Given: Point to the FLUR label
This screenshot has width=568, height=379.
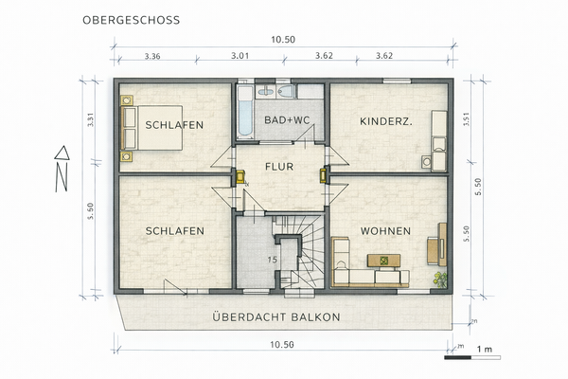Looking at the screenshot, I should tap(279, 167).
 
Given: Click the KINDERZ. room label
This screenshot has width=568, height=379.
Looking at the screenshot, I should tap(385, 121).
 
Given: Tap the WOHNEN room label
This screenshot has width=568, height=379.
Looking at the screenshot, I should tap(384, 230).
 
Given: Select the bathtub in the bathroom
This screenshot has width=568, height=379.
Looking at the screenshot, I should tap(245, 114).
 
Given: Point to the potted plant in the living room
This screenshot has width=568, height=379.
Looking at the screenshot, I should tap(438, 279).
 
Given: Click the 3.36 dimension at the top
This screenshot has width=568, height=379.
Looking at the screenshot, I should tap(151, 56).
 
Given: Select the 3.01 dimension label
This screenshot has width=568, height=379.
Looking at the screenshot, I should tap(240, 56).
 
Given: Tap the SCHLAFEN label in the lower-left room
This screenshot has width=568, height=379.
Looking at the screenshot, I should tap(175, 230).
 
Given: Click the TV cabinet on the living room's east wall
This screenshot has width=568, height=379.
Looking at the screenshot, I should tap(441, 244).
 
